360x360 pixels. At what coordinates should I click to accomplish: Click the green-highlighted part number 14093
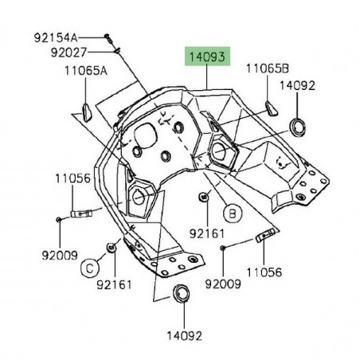pyautogui.click(x=207, y=57)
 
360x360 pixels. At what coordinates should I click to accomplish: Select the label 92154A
pyautogui.click(x=56, y=38)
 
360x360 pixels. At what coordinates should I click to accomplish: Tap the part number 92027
pyautogui.click(x=68, y=53)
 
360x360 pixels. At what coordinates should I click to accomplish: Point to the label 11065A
pyautogui.click(x=86, y=71)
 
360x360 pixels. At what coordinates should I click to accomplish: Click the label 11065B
pyautogui.click(x=268, y=68)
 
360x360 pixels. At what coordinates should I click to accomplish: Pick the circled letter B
pyautogui.click(x=233, y=213)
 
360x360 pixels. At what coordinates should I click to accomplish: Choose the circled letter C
pyautogui.click(x=90, y=268)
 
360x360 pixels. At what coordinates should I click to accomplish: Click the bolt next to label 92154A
pyautogui.click(x=108, y=38)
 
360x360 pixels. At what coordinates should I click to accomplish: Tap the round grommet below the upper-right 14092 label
pyautogui.click(x=297, y=127)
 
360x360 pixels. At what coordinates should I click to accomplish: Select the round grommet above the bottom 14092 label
pyautogui.click(x=181, y=293)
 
